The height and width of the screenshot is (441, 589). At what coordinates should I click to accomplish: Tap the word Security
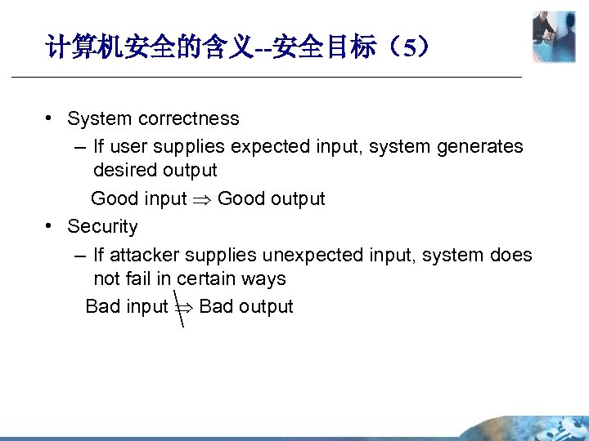click(102, 226)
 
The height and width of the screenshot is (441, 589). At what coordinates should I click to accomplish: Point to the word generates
click(481, 146)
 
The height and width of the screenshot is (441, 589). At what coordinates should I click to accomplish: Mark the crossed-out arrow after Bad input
click(181, 306)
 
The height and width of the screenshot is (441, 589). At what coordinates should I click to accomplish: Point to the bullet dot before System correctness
click(51, 118)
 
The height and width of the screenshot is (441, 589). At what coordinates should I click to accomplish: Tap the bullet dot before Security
click(51, 226)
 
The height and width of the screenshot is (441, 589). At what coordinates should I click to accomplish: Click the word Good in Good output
click(239, 199)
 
